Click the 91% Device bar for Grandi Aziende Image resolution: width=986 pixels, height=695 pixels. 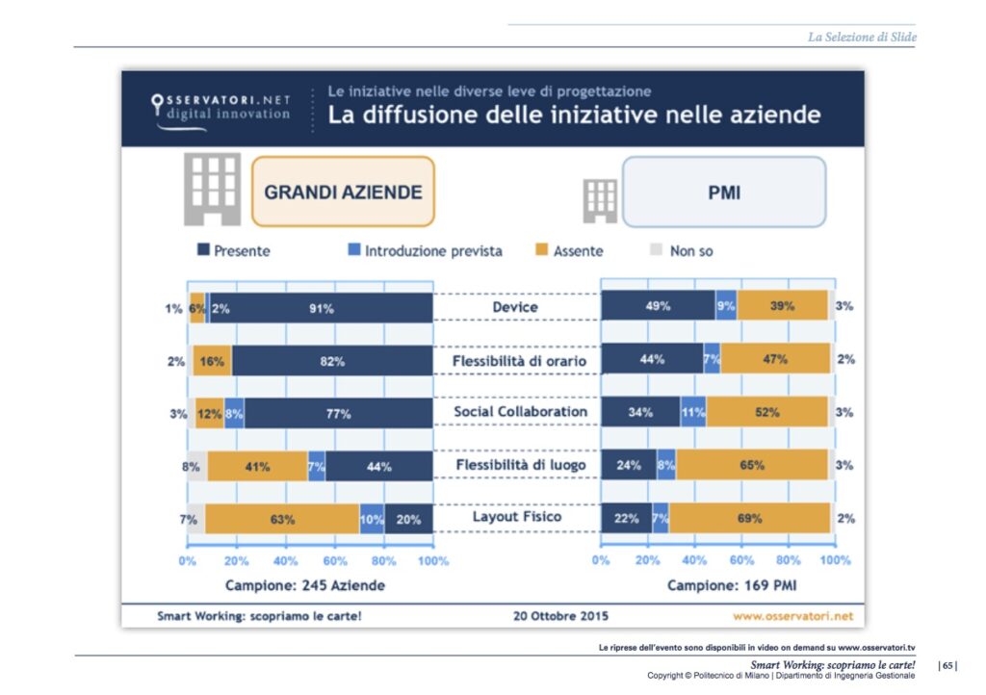[322, 308]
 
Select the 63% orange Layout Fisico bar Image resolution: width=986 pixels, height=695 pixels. [281, 519]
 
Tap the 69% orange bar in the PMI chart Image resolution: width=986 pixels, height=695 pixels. [749, 518]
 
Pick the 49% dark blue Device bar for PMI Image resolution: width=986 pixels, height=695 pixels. [658, 305]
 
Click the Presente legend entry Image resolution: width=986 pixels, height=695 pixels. [234, 251]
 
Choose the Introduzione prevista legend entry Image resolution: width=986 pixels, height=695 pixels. [425, 251]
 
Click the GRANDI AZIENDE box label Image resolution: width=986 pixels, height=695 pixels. [343, 192]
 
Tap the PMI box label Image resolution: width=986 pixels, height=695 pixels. [724, 192]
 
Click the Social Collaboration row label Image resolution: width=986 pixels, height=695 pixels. [520, 412]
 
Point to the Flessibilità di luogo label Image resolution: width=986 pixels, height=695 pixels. [519, 466]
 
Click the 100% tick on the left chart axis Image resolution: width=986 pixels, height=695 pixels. [432, 560]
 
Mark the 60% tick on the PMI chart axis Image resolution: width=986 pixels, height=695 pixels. [741, 560]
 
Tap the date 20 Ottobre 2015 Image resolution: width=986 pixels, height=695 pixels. [557, 615]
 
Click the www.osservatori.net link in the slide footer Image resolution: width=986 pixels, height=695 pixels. [792, 615]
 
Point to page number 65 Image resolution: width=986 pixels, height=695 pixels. [948, 665]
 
